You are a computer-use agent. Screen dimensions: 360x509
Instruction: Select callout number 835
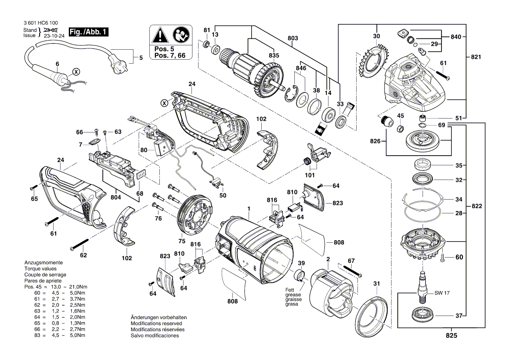coord(274,56)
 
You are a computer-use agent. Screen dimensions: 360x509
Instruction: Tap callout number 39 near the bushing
coord(301,264)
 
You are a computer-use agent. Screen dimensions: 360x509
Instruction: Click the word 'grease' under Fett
coord(293,295)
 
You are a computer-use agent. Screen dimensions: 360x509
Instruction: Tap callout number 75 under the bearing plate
coord(182,241)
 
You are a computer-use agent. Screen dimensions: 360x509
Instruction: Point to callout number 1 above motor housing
coord(249,209)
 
